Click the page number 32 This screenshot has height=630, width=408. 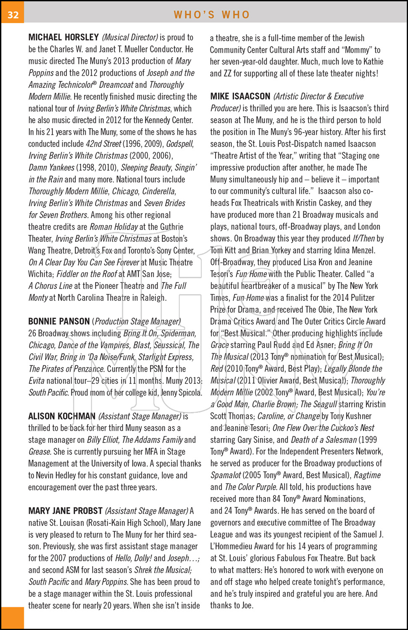tap(13, 15)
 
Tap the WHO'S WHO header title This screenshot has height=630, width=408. tap(212, 15)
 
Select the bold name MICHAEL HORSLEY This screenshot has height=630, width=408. tap(63, 37)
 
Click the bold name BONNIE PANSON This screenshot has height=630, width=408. tap(59, 321)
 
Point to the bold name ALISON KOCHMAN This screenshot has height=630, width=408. tap(62, 416)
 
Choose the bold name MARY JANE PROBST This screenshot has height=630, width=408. tap(65, 511)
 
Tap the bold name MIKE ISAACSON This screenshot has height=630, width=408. tap(240, 96)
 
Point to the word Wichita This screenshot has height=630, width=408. tap(41, 274)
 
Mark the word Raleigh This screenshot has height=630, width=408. tap(153, 298)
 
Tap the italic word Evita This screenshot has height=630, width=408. tap(36, 381)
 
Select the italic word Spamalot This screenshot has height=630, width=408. tap(226, 475)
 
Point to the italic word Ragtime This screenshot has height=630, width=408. tap(367, 475)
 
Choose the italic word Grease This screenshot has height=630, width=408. tap(39, 452)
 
